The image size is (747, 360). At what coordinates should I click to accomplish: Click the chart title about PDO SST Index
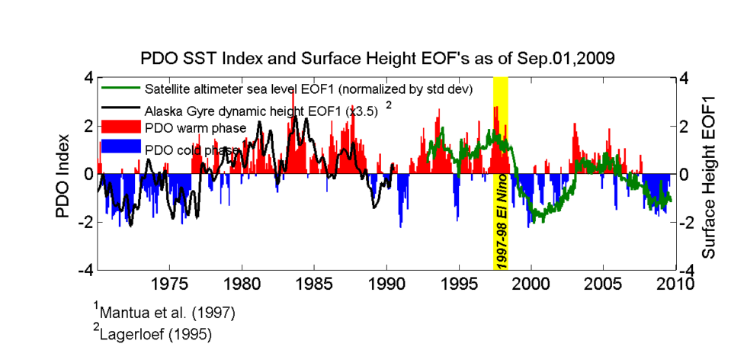tap(378, 58)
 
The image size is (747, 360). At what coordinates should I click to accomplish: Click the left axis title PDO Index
tap(63, 176)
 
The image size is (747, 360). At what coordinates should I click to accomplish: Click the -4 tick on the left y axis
tap(88, 270)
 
